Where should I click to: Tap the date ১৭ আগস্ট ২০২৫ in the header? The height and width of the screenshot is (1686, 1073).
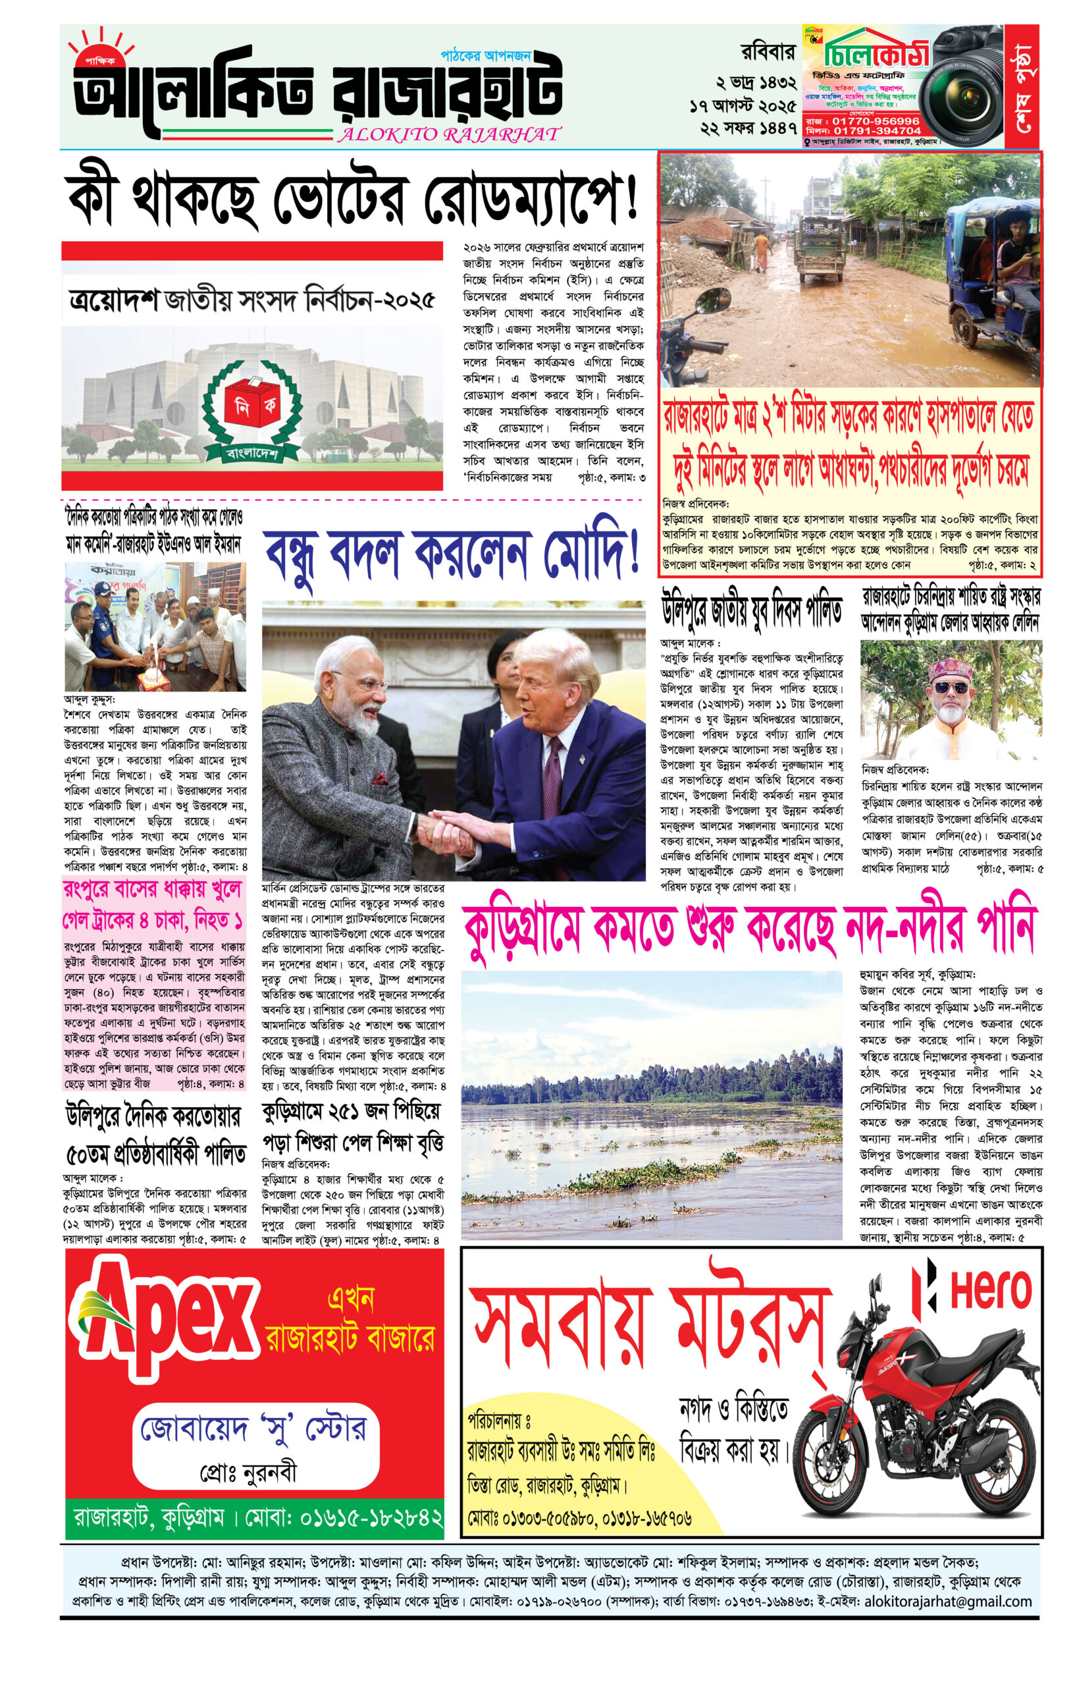tap(742, 107)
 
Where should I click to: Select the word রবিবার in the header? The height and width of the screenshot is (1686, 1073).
tap(768, 53)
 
